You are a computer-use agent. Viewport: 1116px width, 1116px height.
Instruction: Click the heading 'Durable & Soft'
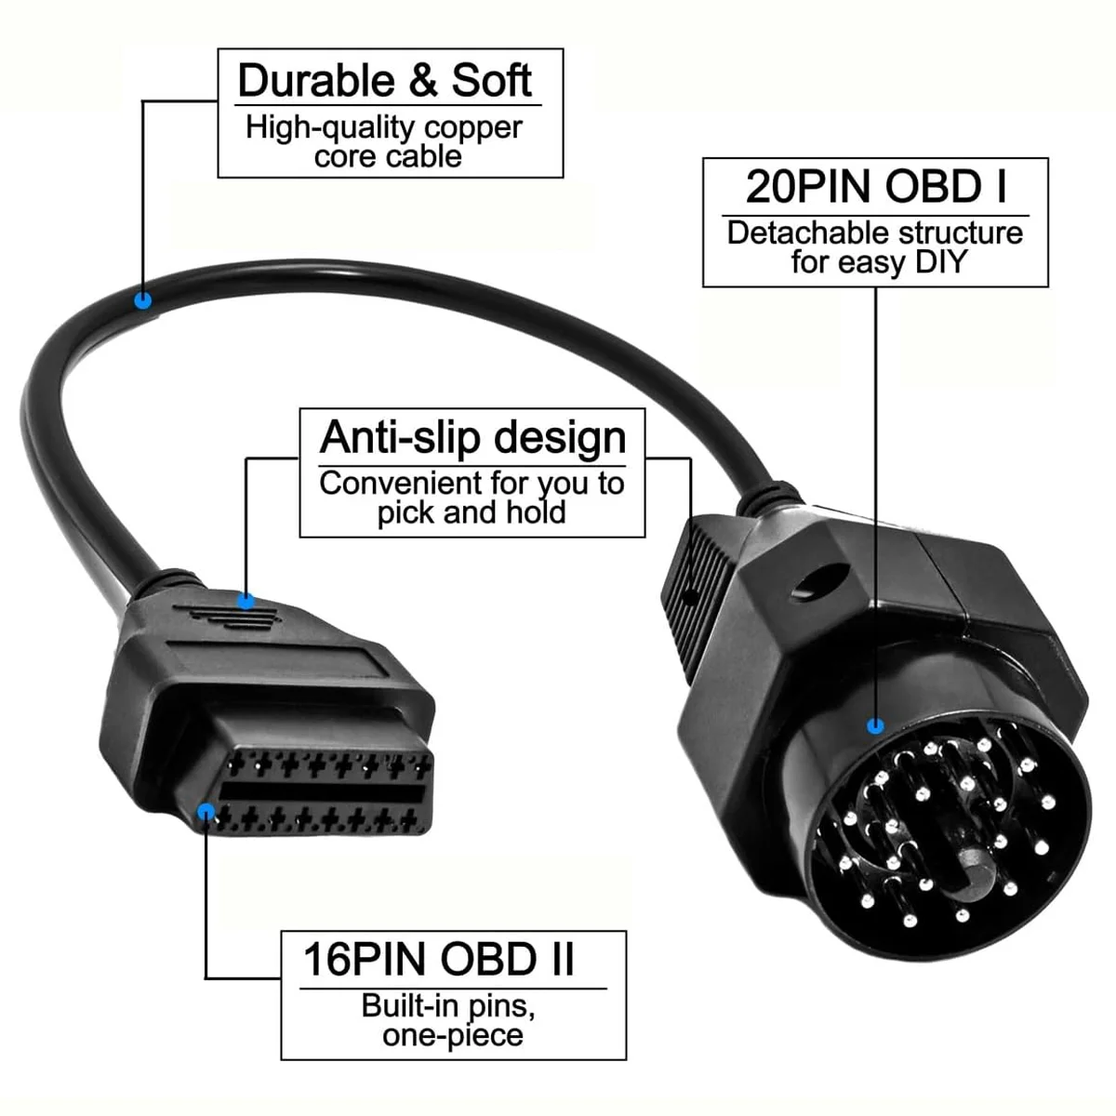[x=384, y=81]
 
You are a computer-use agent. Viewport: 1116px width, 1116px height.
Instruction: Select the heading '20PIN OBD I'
[x=875, y=187]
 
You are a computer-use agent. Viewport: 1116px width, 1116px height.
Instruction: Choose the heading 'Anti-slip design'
[x=472, y=437]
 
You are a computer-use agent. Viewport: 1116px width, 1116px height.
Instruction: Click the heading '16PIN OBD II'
[x=439, y=960]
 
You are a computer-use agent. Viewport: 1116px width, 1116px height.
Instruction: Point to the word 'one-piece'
[x=453, y=1035]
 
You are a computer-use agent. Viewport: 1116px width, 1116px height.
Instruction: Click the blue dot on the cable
[x=142, y=300]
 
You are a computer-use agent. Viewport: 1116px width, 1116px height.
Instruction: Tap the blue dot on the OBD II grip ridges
[x=246, y=601]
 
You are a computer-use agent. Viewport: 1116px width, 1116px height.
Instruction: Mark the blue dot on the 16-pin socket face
[x=206, y=813]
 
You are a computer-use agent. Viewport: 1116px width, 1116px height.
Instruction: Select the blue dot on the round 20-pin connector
[x=875, y=725]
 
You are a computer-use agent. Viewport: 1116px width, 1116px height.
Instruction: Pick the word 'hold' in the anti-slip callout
[x=536, y=512]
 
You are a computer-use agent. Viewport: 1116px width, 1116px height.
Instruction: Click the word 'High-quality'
[x=305, y=127]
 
